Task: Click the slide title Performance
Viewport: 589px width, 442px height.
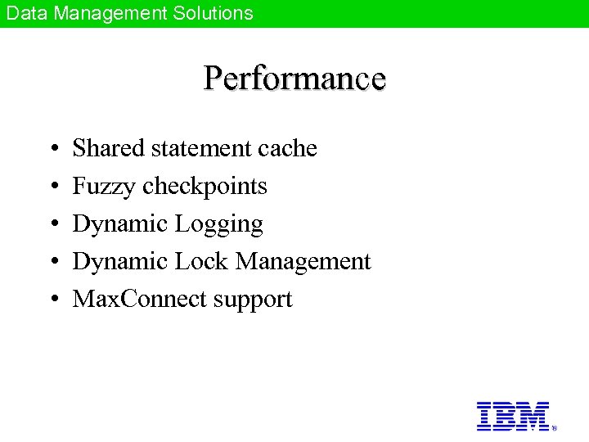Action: [x=294, y=79]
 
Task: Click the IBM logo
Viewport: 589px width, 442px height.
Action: [x=513, y=416]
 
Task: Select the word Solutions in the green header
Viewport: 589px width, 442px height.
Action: [x=212, y=13]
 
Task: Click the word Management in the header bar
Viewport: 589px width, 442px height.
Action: [x=110, y=13]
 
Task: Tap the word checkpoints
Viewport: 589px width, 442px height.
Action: [x=205, y=187]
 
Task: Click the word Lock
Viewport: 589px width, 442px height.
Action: [x=201, y=262]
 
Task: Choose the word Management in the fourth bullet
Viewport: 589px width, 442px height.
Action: [x=303, y=262]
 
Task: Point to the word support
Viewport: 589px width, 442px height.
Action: [x=253, y=300]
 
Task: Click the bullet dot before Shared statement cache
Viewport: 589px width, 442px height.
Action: [x=52, y=149]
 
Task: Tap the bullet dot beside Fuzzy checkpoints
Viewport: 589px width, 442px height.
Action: [x=52, y=187]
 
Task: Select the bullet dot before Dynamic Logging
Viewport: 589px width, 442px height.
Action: [x=52, y=224]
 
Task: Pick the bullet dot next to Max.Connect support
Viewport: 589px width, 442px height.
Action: [x=52, y=300]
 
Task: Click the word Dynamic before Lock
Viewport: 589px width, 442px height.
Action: [x=120, y=262]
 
